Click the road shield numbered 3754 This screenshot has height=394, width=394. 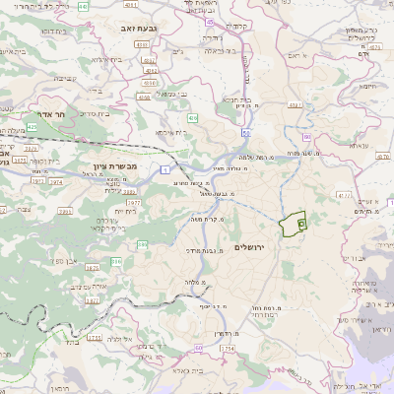pyautogui.click(x=228, y=348)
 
